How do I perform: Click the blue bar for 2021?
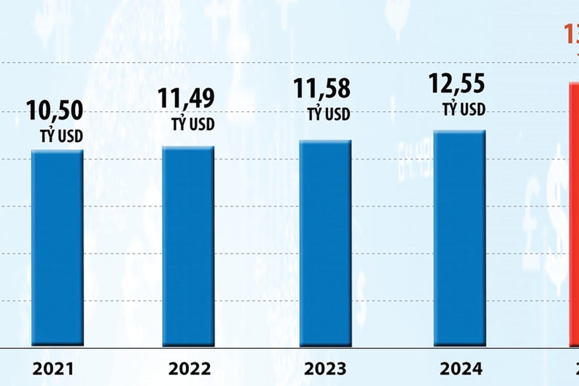57,248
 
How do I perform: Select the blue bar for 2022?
188,246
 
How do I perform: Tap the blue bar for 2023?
325,243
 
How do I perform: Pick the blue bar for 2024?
459,238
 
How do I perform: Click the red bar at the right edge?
573,212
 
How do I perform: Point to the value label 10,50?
55,111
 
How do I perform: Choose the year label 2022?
189,369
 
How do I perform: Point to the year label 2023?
324,369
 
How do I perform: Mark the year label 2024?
461,369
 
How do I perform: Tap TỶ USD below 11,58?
329,115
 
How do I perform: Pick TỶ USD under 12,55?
463,110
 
